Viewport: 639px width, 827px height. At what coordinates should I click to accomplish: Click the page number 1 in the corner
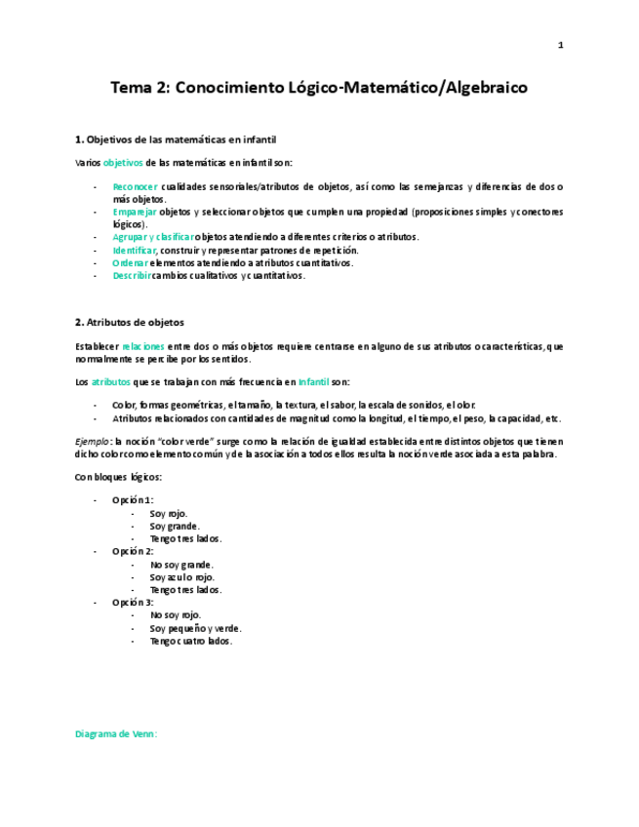coord(561,45)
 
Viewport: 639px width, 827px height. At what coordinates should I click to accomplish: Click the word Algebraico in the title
coord(485,88)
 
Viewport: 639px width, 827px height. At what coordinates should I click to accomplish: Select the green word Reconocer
coord(135,186)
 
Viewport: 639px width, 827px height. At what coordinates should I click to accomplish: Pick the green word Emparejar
coord(135,212)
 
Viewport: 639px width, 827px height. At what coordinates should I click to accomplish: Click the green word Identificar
coord(135,250)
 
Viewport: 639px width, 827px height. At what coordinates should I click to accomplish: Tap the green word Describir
coord(132,275)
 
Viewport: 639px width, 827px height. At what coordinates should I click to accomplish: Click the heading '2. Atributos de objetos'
coord(130,322)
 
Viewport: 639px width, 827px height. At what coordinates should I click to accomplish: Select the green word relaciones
coord(143,346)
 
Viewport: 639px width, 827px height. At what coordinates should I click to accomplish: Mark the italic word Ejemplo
coord(93,441)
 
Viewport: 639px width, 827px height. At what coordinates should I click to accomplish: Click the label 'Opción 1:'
coord(133,500)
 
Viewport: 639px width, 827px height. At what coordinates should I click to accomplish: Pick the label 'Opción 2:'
coord(133,551)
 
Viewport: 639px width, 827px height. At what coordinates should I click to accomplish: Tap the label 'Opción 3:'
coord(133,603)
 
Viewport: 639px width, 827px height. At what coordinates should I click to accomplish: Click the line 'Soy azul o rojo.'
coord(181,577)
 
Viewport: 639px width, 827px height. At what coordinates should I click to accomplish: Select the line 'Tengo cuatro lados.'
coord(191,641)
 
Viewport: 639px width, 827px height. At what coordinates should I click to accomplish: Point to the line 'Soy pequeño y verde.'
coord(195,628)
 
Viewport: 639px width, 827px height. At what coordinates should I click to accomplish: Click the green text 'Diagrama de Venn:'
coord(116,733)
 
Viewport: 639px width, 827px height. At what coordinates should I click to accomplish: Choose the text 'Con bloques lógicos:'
coord(118,476)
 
